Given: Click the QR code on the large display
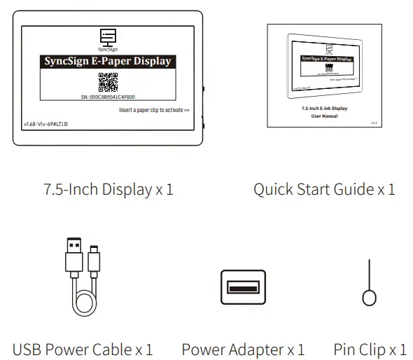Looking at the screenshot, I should [x=107, y=82].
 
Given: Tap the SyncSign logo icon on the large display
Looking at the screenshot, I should [x=107, y=37].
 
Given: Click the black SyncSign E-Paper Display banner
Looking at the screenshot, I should [x=107, y=61].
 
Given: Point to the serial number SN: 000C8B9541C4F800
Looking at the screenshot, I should [x=107, y=97].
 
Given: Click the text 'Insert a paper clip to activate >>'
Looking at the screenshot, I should [x=154, y=110].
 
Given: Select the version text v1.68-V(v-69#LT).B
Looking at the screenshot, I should [x=50, y=123].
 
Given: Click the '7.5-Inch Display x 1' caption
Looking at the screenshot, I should [x=108, y=189].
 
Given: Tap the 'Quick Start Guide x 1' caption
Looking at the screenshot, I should [x=324, y=189].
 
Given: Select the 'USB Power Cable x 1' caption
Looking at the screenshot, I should [x=83, y=348].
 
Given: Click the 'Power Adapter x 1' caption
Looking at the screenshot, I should [x=243, y=348].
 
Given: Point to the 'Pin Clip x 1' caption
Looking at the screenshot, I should [x=370, y=348].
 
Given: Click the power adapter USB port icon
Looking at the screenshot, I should [x=243, y=287].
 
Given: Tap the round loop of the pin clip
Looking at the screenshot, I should [x=370, y=296].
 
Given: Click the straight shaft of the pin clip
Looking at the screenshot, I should [x=370, y=273].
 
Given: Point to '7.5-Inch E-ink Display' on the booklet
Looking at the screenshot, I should [x=324, y=109].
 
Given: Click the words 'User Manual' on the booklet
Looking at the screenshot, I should [x=324, y=116].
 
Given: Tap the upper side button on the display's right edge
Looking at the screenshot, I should [x=204, y=90].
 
